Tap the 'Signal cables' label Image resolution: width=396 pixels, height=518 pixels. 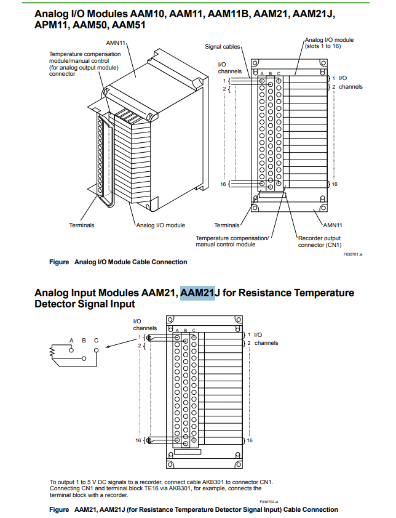(x=223, y=47)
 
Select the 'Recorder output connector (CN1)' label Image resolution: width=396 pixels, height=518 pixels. (x=319, y=241)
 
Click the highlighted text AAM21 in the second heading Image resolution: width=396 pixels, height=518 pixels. (x=197, y=293)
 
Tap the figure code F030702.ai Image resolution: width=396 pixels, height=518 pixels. (x=269, y=502)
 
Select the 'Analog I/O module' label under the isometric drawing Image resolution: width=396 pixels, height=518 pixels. (x=160, y=225)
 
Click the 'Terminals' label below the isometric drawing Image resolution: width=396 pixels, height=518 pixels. (x=82, y=225)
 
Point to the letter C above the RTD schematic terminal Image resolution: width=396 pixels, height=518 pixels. (x=96, y=340)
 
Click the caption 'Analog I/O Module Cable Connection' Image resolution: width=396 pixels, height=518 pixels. (x=130, y=262)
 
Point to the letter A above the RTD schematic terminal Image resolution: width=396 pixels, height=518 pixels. (x=71, y=340)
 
